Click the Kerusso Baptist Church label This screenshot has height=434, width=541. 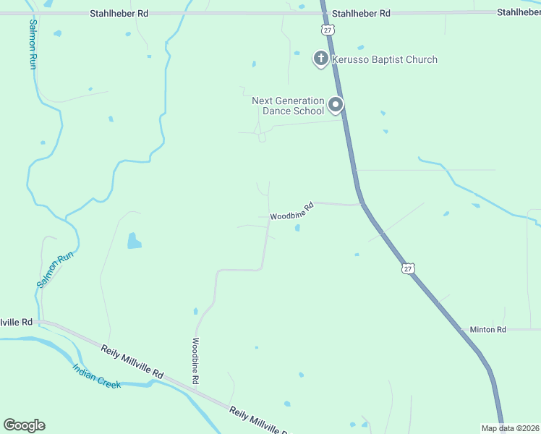(x=385, y=59)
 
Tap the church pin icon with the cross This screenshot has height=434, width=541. (x=321, y=58)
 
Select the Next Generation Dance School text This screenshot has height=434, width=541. (x=289, y=106)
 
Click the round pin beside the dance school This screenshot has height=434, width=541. (x=336, y=106)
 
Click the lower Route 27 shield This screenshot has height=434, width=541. (x=409, y=268)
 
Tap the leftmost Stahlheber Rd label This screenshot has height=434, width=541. (x=119, y=13)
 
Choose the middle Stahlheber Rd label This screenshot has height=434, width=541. (x=361, y=13)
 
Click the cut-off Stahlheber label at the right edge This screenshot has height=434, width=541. (x=519, y=13)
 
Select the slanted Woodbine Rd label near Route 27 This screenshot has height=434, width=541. (x=291, y=211)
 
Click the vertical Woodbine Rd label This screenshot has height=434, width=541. (x=195, y=360)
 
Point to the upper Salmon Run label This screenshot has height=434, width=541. (x=33, y=43)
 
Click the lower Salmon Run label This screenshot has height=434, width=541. (x=46, y=270)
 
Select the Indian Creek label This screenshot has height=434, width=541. (x=96, y=375)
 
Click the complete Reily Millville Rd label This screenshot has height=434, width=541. (x=132, y=359)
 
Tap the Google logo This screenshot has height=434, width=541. (x=24, y=425)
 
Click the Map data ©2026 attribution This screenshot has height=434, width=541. (x=510, y=428)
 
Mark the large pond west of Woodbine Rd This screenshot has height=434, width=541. (x=135, y=240)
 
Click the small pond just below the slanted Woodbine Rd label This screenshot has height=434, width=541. (x=298, y=229)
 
